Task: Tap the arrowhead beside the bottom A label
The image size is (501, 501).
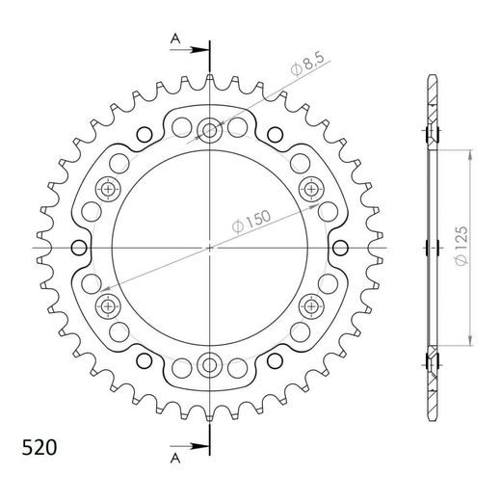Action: pyautogui.click(x=201, y=446)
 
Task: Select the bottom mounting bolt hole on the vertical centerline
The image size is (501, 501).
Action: pyautogui.click(x=209, y=365)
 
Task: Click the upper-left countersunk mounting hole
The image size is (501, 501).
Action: pyautogui.click(x=106, y=187)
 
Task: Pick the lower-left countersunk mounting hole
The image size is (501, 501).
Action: pyautogui.click(x=106, y=306)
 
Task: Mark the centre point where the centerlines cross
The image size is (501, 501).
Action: pyautogui.click(x=209, y=247)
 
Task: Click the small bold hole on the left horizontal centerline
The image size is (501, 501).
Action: pyautogui.click(x=72, y=247)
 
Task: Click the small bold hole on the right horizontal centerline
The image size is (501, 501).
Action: pyautogui.click(x=346, y=247)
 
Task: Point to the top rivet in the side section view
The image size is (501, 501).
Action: pyautogui.click(x=431, y=131)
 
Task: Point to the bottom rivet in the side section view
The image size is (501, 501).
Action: pyautogui.click(x=431, y=362)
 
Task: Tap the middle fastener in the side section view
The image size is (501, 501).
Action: pyautogui.click(x=431, y=247)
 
